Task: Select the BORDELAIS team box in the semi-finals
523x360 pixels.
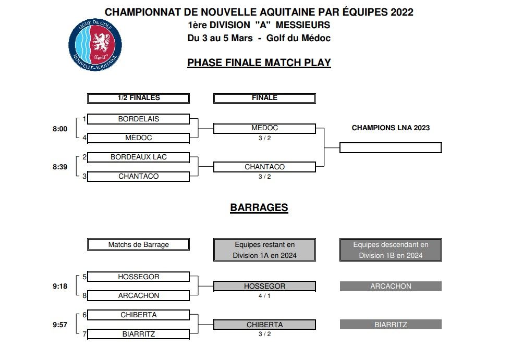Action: pyautogui.click(x=138, y=119)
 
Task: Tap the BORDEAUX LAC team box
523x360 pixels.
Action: pyautogui.click(x=138, y=157)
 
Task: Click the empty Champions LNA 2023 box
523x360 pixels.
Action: pyautogui.click(x=390, y=147)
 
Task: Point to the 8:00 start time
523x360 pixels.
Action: pyautogui.click(x=60, y=129)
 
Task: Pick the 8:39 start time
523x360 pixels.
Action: pyautogui.click(x=60, y=167)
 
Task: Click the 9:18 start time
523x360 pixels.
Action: pyautogui.click(x=60, y=286)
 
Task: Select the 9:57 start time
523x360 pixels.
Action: pyautogui.click(x=60, y=325)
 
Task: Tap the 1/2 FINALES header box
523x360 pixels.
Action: pyautogui.click(x=138, y=98)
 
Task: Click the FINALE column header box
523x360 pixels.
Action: pyautogui.click(x=264, y=98)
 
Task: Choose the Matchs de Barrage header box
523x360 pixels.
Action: pyautogui.click(x=138, y=244)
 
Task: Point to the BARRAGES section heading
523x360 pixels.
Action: pyautogui.click(x=259, y=207)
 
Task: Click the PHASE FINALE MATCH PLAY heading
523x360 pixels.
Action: pyautogui.click(x=259, y=63)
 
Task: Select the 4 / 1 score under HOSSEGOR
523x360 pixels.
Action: pyautogui.click(x=264, y=295)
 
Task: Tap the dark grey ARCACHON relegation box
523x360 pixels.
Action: pyautogui.click(x=391, y=286)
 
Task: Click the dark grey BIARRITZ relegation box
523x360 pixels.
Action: pyautogui.click(x=391, y=325)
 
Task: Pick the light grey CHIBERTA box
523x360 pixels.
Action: pyautogui.click(x=264, y=325)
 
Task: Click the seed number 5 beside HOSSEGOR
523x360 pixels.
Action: pyautogui.click(x=84, y=277)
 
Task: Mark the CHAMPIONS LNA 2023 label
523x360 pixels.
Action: pyautogui.click(x=391, y=128)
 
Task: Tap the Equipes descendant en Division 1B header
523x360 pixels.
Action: pyautogui.click(x=391, y=250)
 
